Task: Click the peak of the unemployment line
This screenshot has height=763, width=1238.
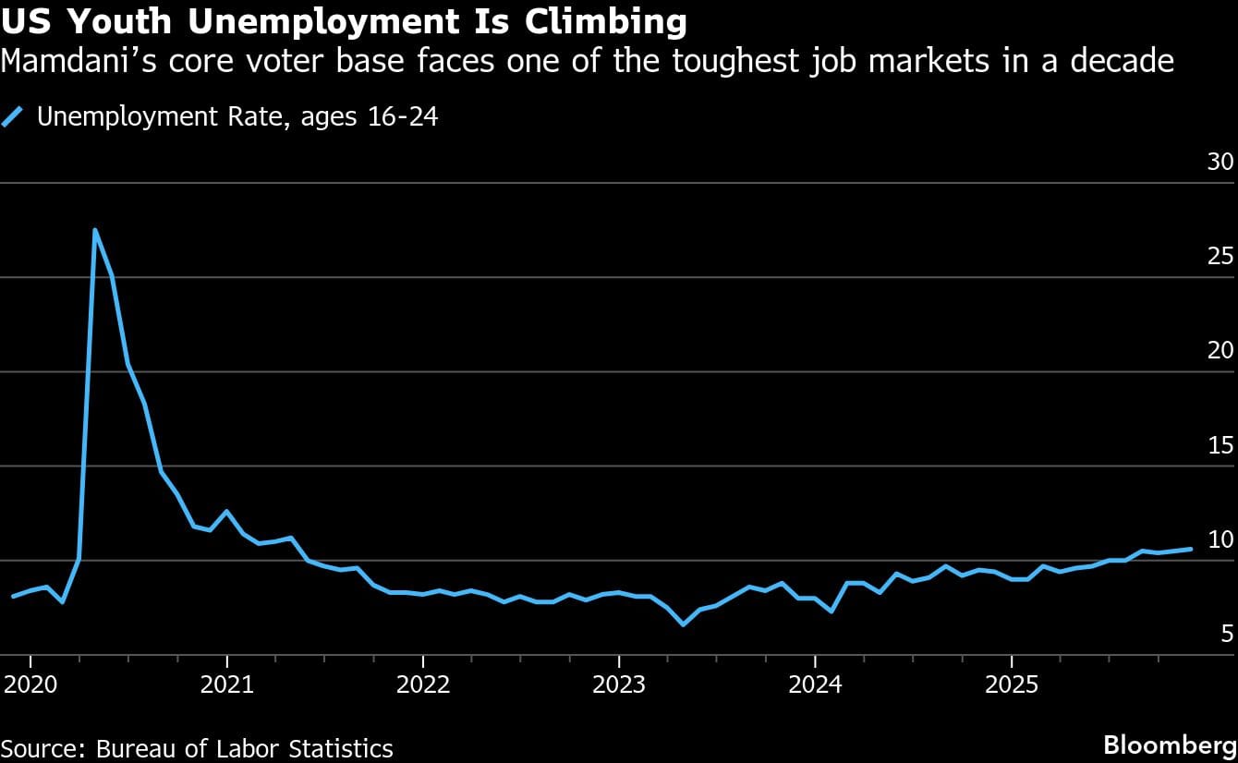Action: point(95,230)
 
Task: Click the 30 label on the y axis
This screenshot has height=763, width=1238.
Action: point(1220,163)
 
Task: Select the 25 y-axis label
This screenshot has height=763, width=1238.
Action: point(1220,257)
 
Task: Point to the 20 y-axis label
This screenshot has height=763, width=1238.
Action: point(1220,351)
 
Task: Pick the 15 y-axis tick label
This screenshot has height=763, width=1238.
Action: point(1220,445)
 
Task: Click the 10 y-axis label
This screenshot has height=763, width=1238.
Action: point(1220,539)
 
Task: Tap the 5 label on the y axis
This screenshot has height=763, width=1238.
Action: point(1227,634)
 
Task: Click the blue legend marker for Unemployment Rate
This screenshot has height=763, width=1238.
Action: point(12,117)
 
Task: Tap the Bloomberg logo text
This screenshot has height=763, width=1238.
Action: point(1169,745)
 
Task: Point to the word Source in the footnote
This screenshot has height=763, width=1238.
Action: point(39,747)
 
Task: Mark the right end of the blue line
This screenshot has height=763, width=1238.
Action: point(1191,549)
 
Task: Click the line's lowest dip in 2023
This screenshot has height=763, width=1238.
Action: point(684,624)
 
